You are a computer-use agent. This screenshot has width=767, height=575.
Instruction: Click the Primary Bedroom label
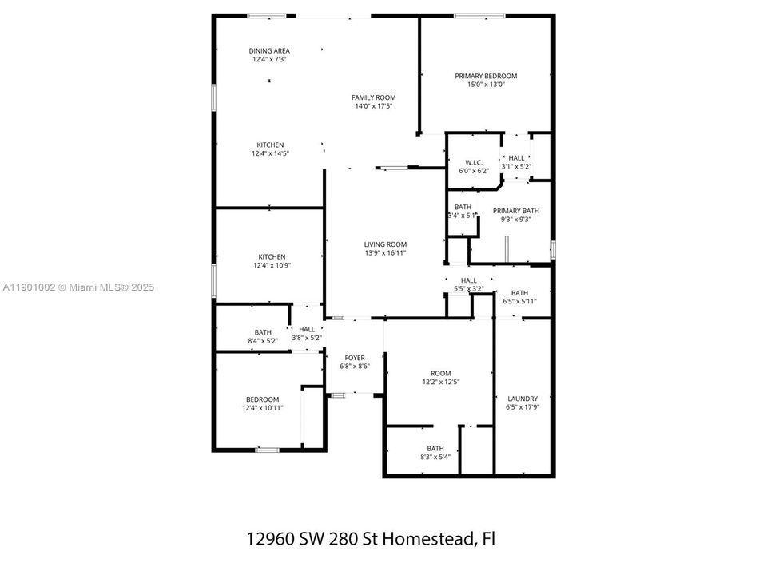click(x=486, y=76)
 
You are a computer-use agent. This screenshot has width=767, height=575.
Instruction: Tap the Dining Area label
click(x=269, y=50)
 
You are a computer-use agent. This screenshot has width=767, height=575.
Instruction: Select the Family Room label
click(x=374, y=97)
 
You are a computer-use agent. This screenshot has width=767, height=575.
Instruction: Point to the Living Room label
click(x=386, y=244)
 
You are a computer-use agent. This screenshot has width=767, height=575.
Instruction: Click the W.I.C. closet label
click(x=473, y=162)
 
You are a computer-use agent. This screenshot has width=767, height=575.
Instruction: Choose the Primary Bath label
click(x=516, y=211)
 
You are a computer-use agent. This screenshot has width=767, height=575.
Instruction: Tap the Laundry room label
click(x=522, y=399)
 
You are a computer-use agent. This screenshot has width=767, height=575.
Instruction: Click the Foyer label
click(x=355, y=357)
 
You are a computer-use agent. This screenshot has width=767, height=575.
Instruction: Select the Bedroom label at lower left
click(x=262, y=399)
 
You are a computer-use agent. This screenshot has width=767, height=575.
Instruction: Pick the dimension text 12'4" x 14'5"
click(x=270, y=153)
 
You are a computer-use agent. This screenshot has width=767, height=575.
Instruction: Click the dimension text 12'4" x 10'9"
click(x=272, y=265)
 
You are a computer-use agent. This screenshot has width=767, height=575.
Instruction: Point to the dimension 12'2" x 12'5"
click(x=440, y=382)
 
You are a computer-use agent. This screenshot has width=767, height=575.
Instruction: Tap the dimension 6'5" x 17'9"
click(x=522, y=407)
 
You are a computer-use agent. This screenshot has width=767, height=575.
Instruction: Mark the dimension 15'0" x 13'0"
click(x=486, y=85)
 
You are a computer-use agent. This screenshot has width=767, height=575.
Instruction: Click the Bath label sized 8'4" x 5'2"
click(x=263, y=332)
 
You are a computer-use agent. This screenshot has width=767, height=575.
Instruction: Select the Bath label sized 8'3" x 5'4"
click(x=435, y=449)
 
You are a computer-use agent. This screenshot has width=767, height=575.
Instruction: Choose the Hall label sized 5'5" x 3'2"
click(x=469, y=280)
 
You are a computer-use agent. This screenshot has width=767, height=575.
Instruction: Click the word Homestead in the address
click(x=431, y=539)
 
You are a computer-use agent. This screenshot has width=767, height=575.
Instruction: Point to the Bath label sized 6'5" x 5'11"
click(x=520, y=293)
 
